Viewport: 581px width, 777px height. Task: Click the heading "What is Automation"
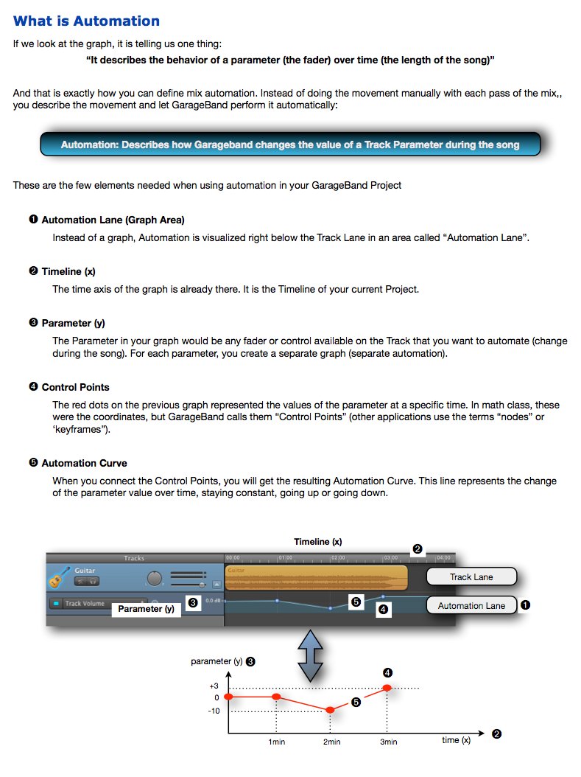click(x=86, y=21)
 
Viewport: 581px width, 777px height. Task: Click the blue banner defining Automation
click(x=290, y=144)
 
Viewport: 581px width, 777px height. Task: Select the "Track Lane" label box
click(x=471, y=576)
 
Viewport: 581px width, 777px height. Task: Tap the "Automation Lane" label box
click(x=471, y=605)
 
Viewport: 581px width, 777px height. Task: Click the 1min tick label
click(x=276, y=742)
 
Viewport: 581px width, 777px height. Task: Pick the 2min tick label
click(x=331, y=742)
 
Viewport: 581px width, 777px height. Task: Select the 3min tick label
click(x=388, y=742)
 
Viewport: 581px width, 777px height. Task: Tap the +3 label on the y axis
click(x=214, y=686)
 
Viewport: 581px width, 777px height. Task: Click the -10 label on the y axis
click(x=213, y=711)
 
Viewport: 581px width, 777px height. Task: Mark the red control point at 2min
click(x=330, y=710)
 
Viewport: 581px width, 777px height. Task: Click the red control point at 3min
click(x=387, y=688)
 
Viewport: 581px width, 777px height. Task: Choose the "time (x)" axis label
click(x=456, y=739)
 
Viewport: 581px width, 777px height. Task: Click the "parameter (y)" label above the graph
click(x=216, y=661)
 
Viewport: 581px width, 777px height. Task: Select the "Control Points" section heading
click(x=75, y=387)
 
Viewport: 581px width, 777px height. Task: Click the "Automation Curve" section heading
click(x=84, y=463)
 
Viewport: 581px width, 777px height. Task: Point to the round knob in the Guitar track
click(x=155, y=578)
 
